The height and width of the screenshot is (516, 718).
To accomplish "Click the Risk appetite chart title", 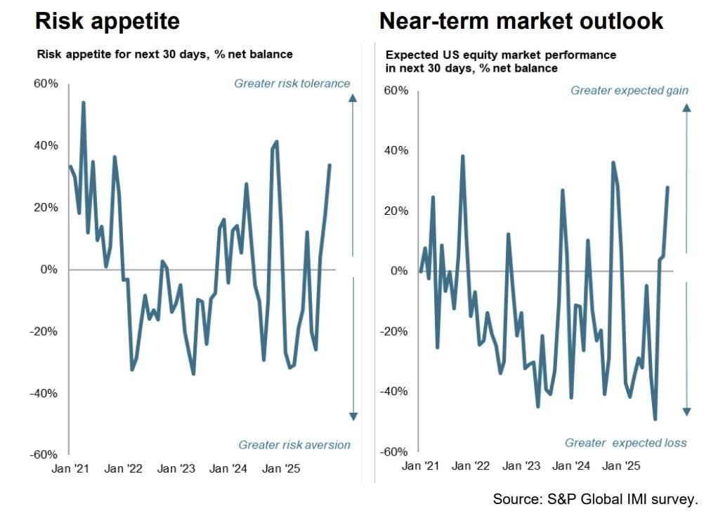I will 107,21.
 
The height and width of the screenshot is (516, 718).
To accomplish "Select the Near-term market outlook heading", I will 521,21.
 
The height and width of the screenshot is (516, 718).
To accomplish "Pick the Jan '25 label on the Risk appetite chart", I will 281,468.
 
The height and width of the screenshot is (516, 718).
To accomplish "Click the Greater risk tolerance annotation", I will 292,84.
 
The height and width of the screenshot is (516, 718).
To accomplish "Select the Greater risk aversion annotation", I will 294,444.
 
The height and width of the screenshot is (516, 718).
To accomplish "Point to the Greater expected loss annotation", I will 625,443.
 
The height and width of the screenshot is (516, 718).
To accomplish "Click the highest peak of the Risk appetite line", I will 84,102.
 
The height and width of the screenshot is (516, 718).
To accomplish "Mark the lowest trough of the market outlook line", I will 655,419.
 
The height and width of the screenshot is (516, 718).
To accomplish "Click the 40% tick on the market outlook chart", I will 394,151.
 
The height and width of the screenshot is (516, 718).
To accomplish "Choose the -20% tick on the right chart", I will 392,331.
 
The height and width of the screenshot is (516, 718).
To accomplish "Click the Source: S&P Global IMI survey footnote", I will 595,499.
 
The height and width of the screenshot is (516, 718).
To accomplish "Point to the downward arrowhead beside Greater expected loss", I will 687,411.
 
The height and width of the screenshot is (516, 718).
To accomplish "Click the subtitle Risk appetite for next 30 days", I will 164,54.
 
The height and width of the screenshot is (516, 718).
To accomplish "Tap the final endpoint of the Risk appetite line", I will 329,165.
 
